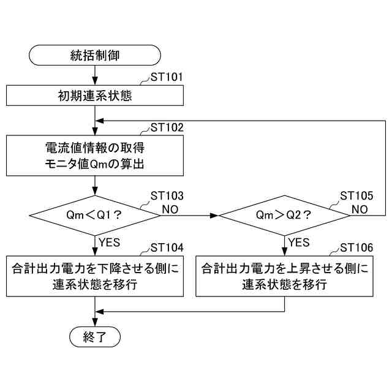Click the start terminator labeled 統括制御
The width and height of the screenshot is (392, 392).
pyautogui.click(x=95, y=55)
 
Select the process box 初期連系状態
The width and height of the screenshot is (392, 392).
pyautogui.click(x=95, y=96)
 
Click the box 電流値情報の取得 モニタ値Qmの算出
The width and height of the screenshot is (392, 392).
pyautogui.click(x=95, y=156)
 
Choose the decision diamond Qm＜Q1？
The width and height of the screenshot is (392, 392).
pyautogui.click(x=95, y=215)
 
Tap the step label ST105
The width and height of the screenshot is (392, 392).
pyautogui.click(x=356, y=196)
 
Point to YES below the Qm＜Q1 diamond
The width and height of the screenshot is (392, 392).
pyautogui.click(x=110, y=243)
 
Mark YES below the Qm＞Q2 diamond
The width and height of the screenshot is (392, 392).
pyautogui.click(x=299, y=243)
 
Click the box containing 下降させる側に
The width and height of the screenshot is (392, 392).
pyautogui.click(x=95, y=276)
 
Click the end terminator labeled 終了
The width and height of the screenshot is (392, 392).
pyautogui.click(x=95, y=336)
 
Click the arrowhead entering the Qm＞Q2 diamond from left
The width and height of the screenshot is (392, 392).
pyautogui.click(x=214, y=216)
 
